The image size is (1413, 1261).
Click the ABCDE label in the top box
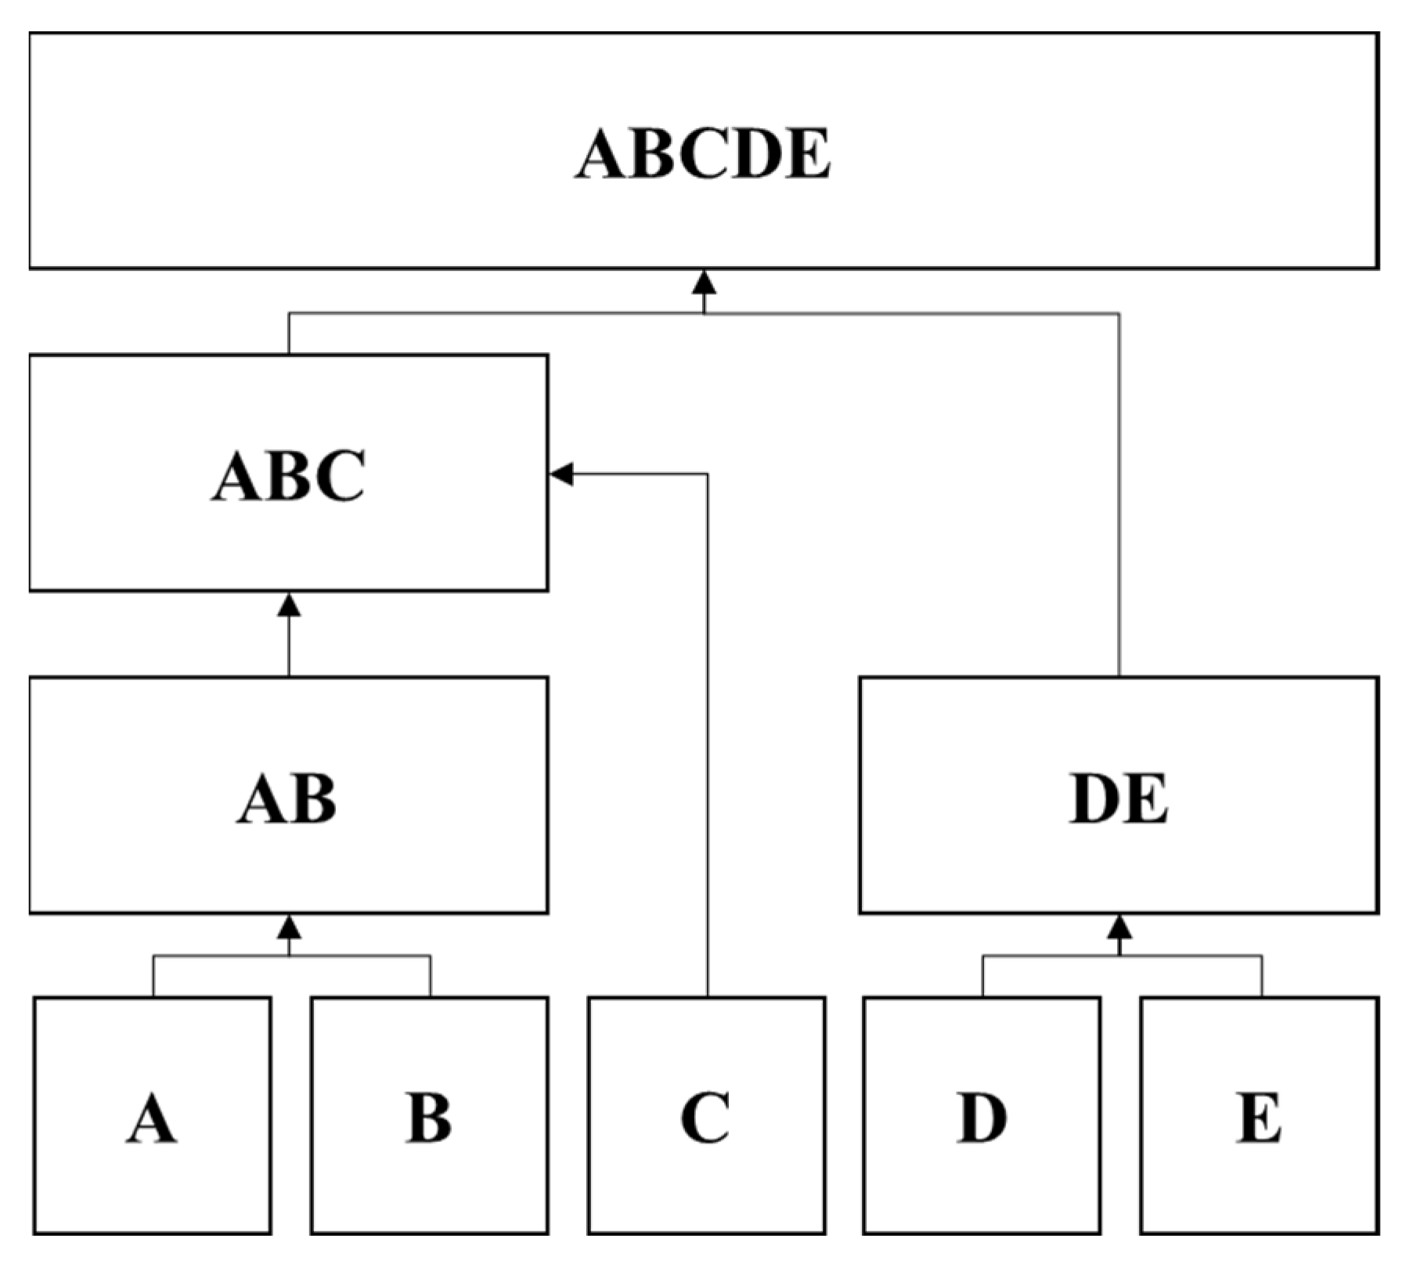click(703, 153)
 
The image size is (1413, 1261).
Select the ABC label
click(289, 475)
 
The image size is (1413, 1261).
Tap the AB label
click(287, 798)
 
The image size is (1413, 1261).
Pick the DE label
click(1119, 798)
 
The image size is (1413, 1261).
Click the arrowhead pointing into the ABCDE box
click(705, 283)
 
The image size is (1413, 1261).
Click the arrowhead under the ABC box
click(290, 605)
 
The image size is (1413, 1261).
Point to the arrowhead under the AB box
click(290, 928)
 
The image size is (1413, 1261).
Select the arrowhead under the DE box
click(1119, 928)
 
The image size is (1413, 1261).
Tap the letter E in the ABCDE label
click(806, 153)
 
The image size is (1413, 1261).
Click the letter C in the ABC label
click(338, 475)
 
